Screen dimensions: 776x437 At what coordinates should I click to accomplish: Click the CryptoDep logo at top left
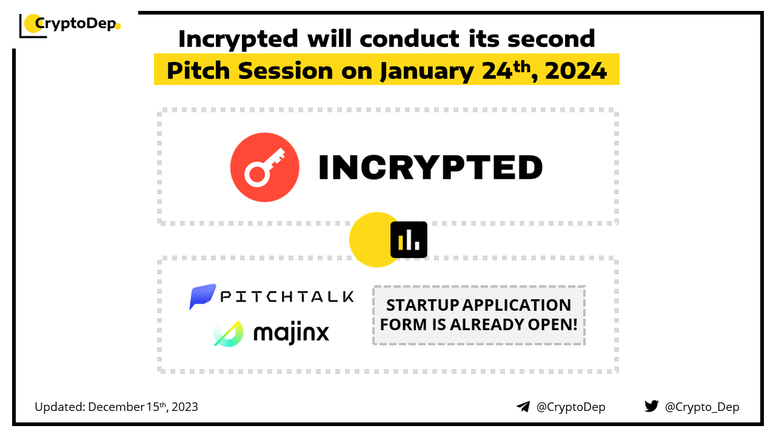(x=70, y=25)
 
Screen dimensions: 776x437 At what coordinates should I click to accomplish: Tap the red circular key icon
(x=265, y=167)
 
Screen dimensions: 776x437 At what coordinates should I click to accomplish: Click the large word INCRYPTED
(x=430, y=168)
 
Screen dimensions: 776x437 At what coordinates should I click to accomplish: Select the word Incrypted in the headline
(x=238, y=39)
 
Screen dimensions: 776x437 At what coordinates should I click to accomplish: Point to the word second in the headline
(x=551, y=38)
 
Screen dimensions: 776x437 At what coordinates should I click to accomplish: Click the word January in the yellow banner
(x=427, y=72)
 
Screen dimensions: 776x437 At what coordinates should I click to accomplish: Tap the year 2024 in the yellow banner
(x=576, y=71)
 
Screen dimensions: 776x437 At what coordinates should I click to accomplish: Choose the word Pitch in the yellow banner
(x=198, y=70)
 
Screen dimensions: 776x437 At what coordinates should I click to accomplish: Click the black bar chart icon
(x=409, y=240)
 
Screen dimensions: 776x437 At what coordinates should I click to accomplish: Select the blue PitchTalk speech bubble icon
(x=202, y=296)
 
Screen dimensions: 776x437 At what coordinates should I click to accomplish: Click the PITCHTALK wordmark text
(x=287, y=297)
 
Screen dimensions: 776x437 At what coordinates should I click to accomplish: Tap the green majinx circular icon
(x=229, y=334)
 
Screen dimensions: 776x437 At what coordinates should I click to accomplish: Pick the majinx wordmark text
(x=291, y=333)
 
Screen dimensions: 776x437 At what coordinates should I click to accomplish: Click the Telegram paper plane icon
(x=523, y=407)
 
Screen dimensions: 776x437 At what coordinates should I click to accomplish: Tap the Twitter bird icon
(x=652, y=406)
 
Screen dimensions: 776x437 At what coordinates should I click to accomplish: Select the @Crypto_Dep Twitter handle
(x=702, y=407)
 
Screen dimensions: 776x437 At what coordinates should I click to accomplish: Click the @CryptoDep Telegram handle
(x=570, y=407)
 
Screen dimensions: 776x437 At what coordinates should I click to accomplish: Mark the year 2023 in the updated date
(x=185, y=407)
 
